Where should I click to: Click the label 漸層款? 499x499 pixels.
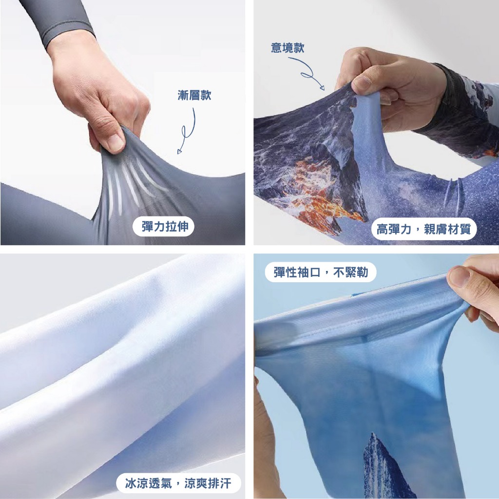tap(194, 95)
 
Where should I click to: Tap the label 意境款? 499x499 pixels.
tap(288, 48)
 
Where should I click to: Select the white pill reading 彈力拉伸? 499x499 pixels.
tap(163, 227)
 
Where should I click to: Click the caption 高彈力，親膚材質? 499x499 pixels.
tap(423, 229)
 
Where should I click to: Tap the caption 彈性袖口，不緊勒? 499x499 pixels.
tap(321, 272)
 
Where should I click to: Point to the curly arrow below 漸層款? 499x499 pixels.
tap(188, 131)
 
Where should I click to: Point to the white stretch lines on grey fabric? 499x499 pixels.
tap(134, 185)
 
